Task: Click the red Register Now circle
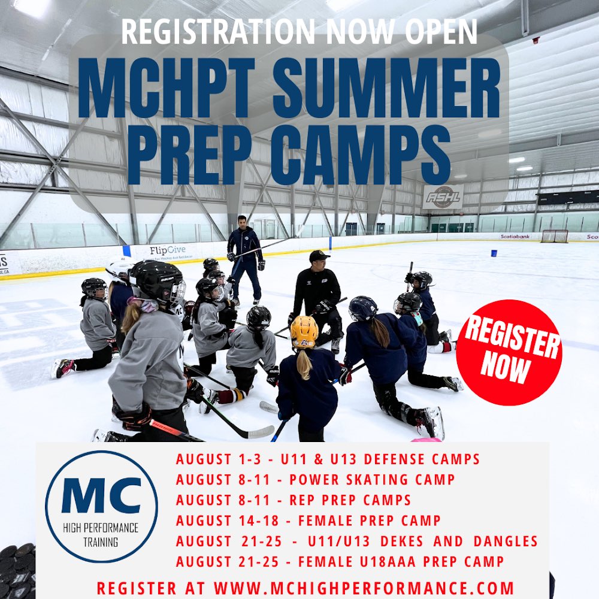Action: click(509, 353)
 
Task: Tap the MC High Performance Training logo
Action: click(101, 507)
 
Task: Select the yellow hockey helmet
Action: click(304, 331)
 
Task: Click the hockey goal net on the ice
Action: click(554, 236)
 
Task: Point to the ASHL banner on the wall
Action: click(443, 196)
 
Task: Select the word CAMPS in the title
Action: click(353, 149)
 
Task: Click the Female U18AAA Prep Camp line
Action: click(340, 562)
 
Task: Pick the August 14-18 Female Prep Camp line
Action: click(308, 521)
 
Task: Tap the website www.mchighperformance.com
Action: click(305, 588)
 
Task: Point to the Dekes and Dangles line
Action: click(357, 541)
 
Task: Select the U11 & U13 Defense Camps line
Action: click(328, 459)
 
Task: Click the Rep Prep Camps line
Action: click(294, 500)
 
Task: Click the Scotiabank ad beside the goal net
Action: click(516, 237)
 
